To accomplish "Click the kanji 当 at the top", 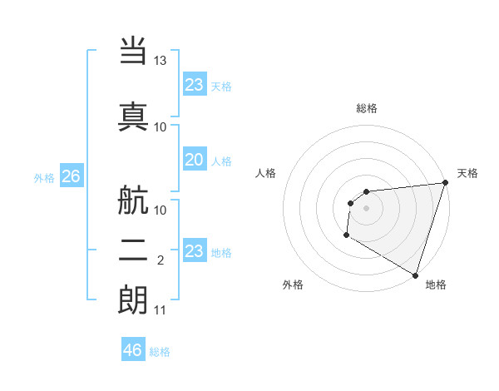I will [x=133, y=51].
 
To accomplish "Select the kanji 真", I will [x=133, y=115].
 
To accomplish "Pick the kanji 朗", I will [x=133, y=299].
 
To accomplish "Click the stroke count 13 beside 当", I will [x=161, y=61].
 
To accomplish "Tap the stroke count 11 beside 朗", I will [x=161, y=310].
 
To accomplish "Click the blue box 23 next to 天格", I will [x=195, y=85].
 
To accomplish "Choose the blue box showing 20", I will [x=195, y=161].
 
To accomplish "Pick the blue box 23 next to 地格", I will [x=195, y=251].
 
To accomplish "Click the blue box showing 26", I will [x=71, y=176].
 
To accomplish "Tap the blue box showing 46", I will [x=133, y=350].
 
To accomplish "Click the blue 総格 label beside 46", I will [x=160, y=352].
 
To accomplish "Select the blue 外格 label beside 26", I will [x=44, y=178].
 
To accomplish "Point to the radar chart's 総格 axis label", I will [x=367, y=108].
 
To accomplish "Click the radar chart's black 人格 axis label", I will [x=266, y=173].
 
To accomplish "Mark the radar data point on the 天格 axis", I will [x=445, y=183].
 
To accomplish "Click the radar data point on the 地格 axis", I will [x=415, y=275].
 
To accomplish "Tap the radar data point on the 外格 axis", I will [x=346, y=236].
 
